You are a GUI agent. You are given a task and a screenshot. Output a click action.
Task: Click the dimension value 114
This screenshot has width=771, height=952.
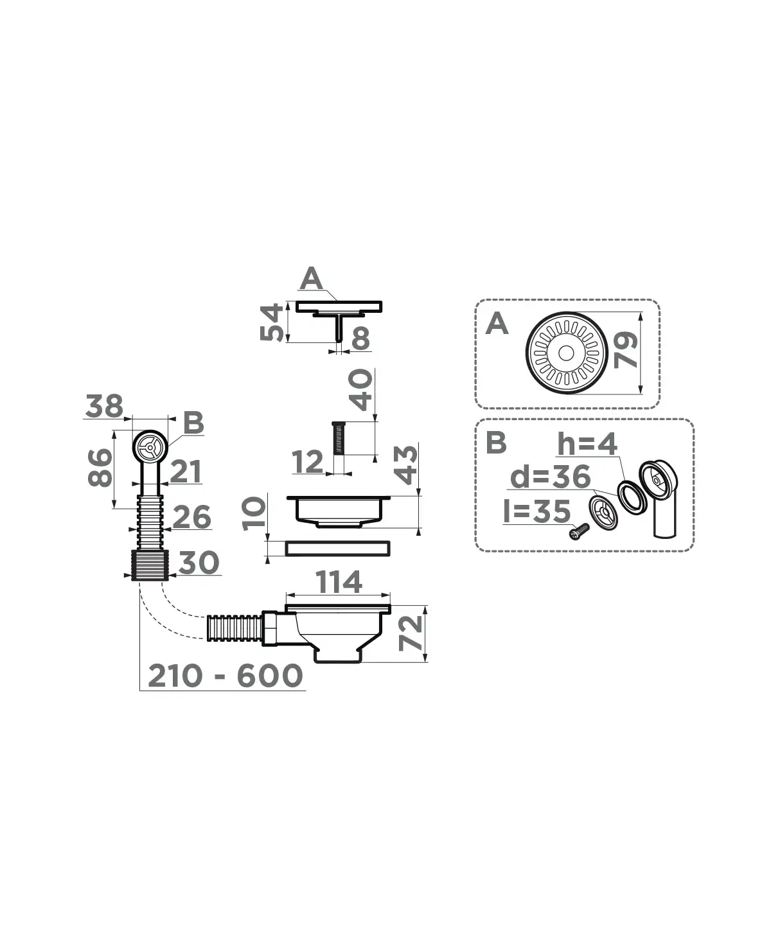339,582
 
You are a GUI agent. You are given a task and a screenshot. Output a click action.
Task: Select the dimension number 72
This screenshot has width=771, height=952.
411,633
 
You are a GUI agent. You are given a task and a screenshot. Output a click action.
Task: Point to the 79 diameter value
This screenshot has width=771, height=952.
626,350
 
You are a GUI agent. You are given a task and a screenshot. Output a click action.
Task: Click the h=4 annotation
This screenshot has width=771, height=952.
587,445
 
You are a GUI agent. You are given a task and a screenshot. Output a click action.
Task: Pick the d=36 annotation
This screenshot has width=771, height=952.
550,477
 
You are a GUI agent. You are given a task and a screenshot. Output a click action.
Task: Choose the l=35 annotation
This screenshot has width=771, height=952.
536,511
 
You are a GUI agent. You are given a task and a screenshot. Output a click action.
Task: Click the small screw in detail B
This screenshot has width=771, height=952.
579,531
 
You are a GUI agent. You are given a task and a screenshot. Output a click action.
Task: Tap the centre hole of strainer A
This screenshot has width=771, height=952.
566,353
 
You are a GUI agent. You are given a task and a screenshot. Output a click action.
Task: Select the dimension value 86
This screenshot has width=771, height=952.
100,468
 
